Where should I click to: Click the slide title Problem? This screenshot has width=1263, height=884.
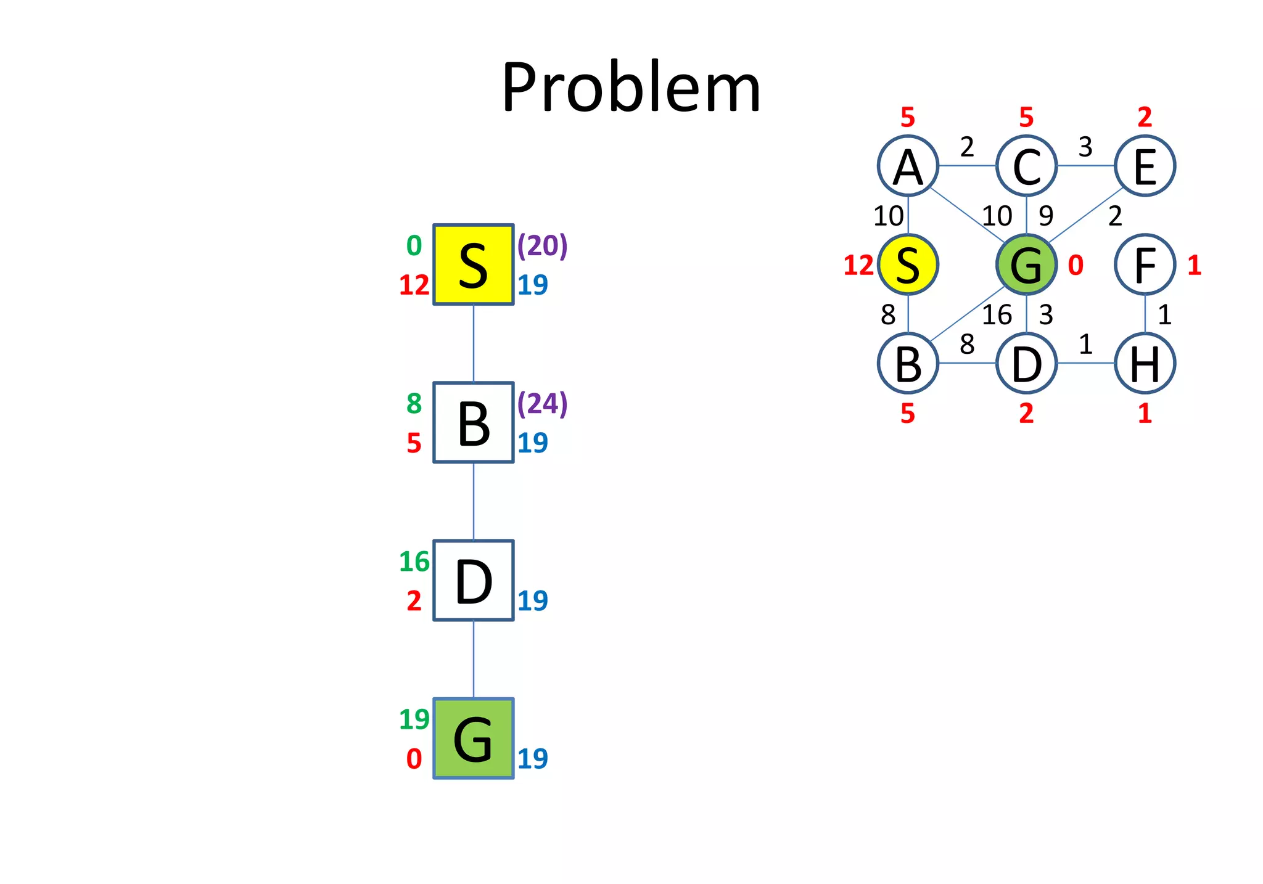[631, 88]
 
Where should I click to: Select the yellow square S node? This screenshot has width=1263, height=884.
[473, 264]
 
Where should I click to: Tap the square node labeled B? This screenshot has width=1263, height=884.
[473, 422]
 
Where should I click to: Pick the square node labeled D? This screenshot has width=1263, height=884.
[473, 580]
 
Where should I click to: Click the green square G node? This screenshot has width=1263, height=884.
[473, 738]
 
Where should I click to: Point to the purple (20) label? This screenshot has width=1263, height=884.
[542, 245]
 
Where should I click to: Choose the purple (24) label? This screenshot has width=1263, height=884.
[542, 403]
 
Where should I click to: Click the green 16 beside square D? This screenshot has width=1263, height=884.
[414, 562]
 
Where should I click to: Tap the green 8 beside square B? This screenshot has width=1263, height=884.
[414, 404]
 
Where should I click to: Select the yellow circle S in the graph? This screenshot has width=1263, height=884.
[908, 264]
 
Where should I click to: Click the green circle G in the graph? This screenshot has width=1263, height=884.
[1026, 264]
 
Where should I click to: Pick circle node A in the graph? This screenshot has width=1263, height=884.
[908, 166]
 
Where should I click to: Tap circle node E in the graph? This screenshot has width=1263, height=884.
[1145, 166]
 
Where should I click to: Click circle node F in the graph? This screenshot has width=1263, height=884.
[1145, 264]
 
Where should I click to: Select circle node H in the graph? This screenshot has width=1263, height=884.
[1145, 363]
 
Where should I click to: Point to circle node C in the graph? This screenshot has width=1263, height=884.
[1026, 166]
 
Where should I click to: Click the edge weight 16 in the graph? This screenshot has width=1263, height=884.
[997, 315]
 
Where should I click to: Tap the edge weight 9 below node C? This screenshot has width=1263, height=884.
[1046, 216]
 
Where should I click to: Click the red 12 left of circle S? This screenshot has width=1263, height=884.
[858, 266]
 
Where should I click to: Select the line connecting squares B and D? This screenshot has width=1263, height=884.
[473, 501]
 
